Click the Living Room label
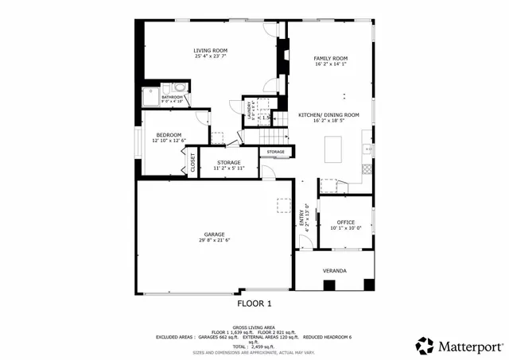(211, 50)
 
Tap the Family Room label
(330, 59)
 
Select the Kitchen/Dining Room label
(328, 114)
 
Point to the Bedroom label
(169, 134)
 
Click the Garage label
(214, 234)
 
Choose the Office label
(345, 222)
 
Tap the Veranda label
(334, 271)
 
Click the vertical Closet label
(192, 161)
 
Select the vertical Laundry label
(249, 110)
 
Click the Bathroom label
(173, 97)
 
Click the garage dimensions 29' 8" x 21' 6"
(214, 241)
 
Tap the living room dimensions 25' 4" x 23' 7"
(211, 56)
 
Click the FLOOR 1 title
(254, 304)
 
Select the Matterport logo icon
(425, 346)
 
